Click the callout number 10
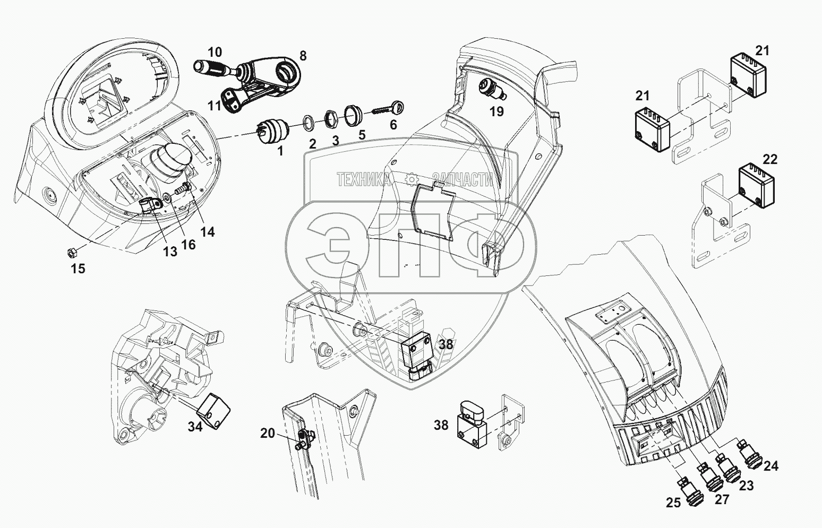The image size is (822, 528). [215, 52]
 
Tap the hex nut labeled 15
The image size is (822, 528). [74, 249]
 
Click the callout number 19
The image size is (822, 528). [496, 111]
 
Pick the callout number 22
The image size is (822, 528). [769, 159]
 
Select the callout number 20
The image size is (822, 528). [268, 433]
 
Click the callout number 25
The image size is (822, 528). [673, 503]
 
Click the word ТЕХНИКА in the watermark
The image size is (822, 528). [364, 180]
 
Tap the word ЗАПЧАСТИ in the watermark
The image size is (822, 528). [463, 180]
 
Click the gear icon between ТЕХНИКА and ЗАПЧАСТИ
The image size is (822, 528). [411, 180]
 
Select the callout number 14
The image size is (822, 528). [208, 231]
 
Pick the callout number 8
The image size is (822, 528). [303, 55]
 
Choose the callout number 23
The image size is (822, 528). [746, 485]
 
